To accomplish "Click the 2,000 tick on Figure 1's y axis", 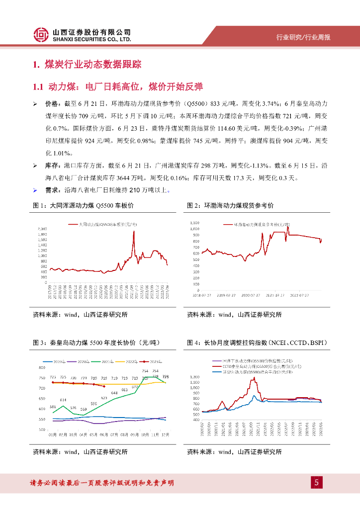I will click(41, 228).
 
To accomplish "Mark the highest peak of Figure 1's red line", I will click(133, 232).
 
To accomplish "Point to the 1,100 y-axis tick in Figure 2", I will click(195, 222).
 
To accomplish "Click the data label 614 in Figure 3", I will click(63, 400).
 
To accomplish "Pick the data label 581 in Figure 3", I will click(52, 407).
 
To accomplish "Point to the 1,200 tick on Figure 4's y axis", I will click(194, 376).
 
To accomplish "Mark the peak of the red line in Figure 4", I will click(255, 378).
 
